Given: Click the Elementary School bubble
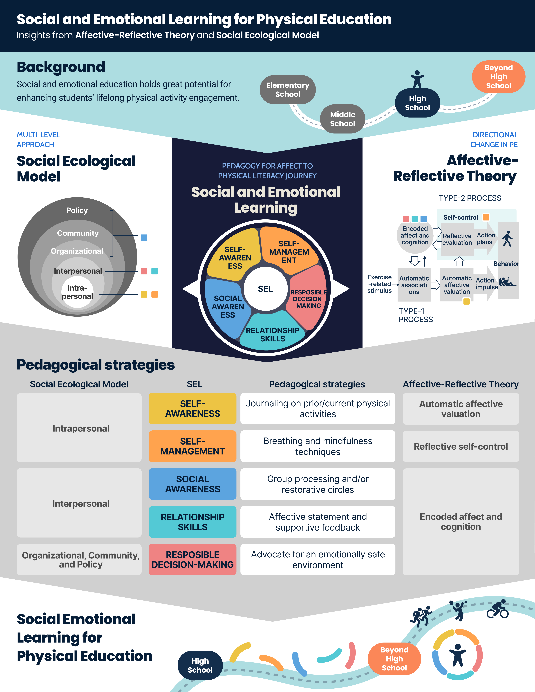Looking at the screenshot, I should pyautogui.click(x=287, y=90).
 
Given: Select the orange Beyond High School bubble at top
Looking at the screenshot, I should pyautogui.click(x=498, y=77).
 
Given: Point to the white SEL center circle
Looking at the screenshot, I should pyautogui.click(x=265, y=289).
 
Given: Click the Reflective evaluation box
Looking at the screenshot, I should pyautogui.click(x=457, y=239).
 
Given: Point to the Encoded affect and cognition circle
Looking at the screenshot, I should pyautogui.click(x=415, y=235).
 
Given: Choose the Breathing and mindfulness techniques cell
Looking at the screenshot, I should pyautogui.click(x=318, y=446).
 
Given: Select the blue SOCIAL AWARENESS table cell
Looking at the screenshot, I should pyautogui.click(x=192, y=484).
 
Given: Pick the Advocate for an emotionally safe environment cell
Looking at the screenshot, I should pyautogui.click(x=318, y=560).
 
